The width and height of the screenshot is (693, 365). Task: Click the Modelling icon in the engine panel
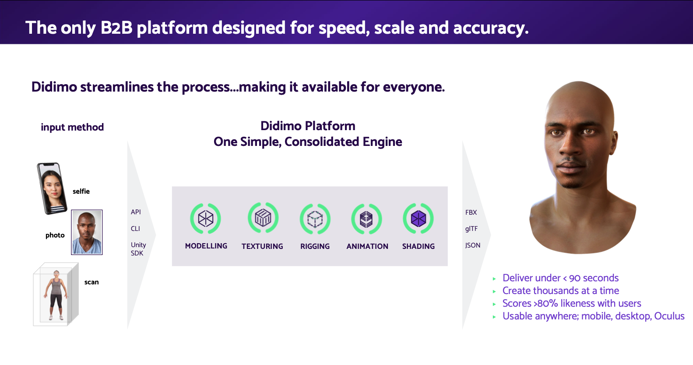tap(205, 218)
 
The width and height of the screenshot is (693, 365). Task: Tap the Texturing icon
tap(263, 218)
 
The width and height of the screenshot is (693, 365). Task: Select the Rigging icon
tap(315, 219)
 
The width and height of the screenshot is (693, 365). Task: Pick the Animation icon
tap(366, 219)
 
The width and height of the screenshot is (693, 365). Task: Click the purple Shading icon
tap(418, 218)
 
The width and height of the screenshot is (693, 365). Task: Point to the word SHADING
tap(418, 246)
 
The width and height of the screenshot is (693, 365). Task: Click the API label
tap(136, 212)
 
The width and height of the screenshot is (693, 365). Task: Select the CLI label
tap(135, 229)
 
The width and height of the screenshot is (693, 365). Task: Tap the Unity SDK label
tap(138, 249)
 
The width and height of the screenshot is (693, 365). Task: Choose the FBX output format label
tap(471, 213)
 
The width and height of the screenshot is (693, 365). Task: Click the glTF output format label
tap(471, 229)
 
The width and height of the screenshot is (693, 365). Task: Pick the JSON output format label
tap(473, 245)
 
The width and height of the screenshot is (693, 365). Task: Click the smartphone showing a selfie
tap(52, 188)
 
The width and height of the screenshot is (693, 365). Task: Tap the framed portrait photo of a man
tap(87, 232)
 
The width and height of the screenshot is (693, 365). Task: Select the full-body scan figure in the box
tap(56, 294)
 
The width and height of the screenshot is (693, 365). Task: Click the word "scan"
tap(91, 282)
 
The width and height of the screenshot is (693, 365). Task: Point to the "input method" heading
tap(72, 127)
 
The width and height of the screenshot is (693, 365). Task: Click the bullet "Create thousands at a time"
tap(560, 291)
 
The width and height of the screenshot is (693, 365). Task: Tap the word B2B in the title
tap(116, 28)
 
